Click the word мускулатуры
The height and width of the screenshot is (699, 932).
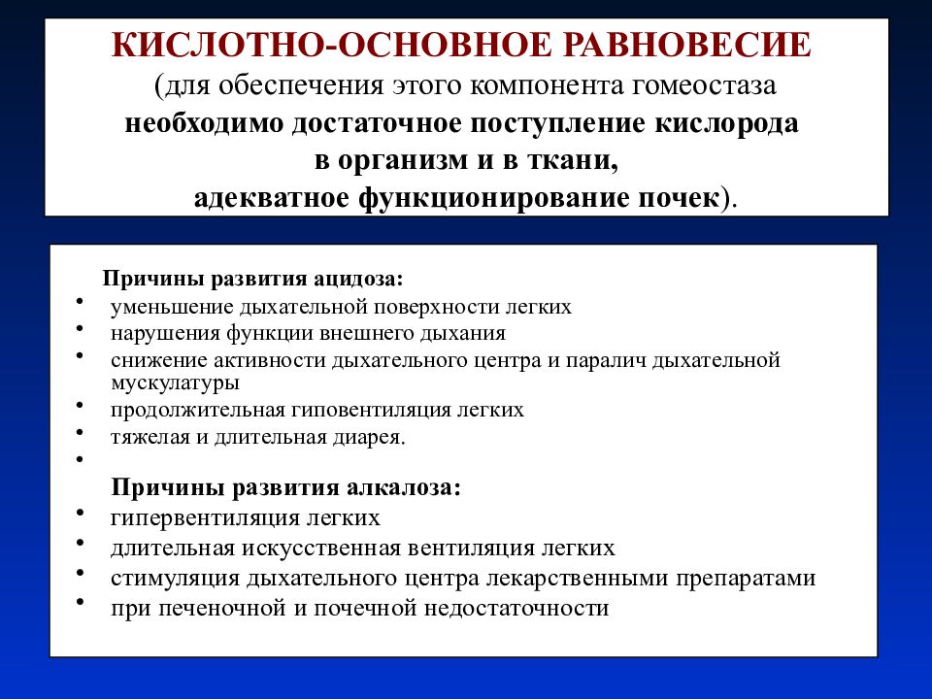[x=175, y=383]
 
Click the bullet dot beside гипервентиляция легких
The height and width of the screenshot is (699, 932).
[x=78, y=512]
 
